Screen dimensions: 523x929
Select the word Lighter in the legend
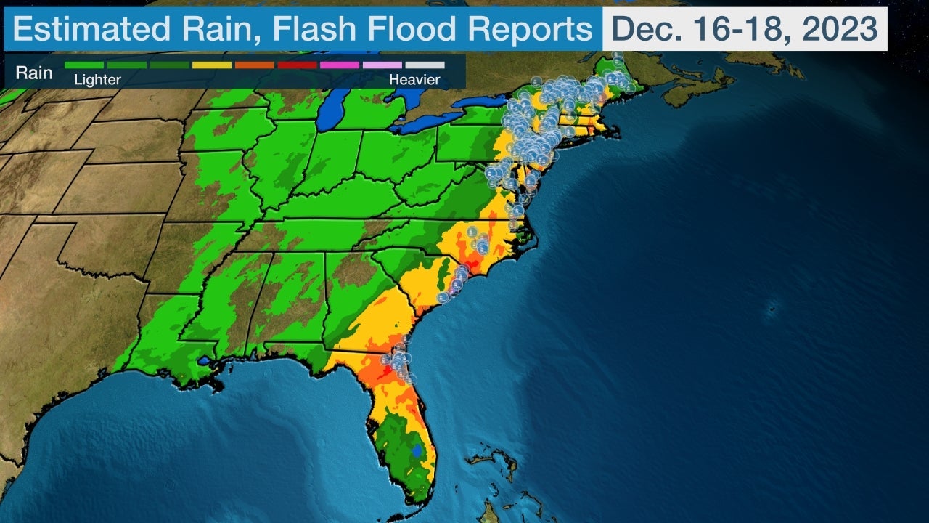coord(97,80)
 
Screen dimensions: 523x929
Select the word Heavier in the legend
coord(414,80)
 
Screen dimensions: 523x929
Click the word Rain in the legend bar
coord(35,73)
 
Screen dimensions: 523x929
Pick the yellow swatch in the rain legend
coord(212,65)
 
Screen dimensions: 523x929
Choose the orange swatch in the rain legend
coord(254,65)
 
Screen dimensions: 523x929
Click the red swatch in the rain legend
coord(297,65)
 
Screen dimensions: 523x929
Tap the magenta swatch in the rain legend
coord(339,65)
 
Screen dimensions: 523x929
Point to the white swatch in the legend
coord(425,65)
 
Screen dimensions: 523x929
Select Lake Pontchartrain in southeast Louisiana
coord(205,360)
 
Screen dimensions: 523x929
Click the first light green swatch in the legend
coord(84,65)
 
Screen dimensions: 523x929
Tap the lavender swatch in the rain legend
coord(382,65)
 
